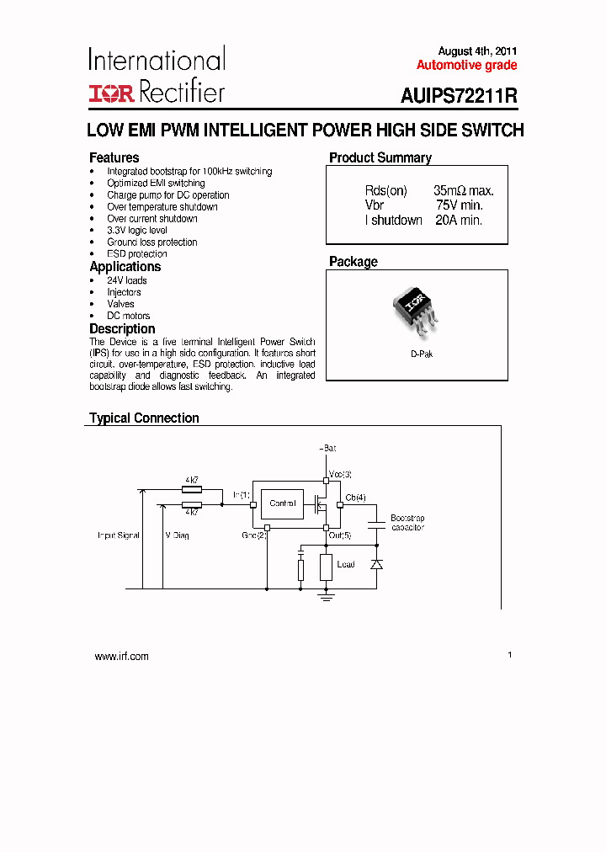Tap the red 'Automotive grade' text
(466, 66)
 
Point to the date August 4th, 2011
(477, 51)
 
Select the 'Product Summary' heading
(380, 157)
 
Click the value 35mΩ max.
(463, 191)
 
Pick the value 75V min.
(459, 205)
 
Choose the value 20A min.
(459, 220)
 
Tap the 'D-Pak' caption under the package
(422, 354)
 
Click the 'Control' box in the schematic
(283, 503)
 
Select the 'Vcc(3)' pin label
(340, 475)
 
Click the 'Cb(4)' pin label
(355, 498)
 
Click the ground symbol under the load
(327, 596)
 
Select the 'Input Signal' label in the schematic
(118, 535)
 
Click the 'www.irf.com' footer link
(121, 657)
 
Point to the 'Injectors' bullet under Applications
(124, 292)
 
